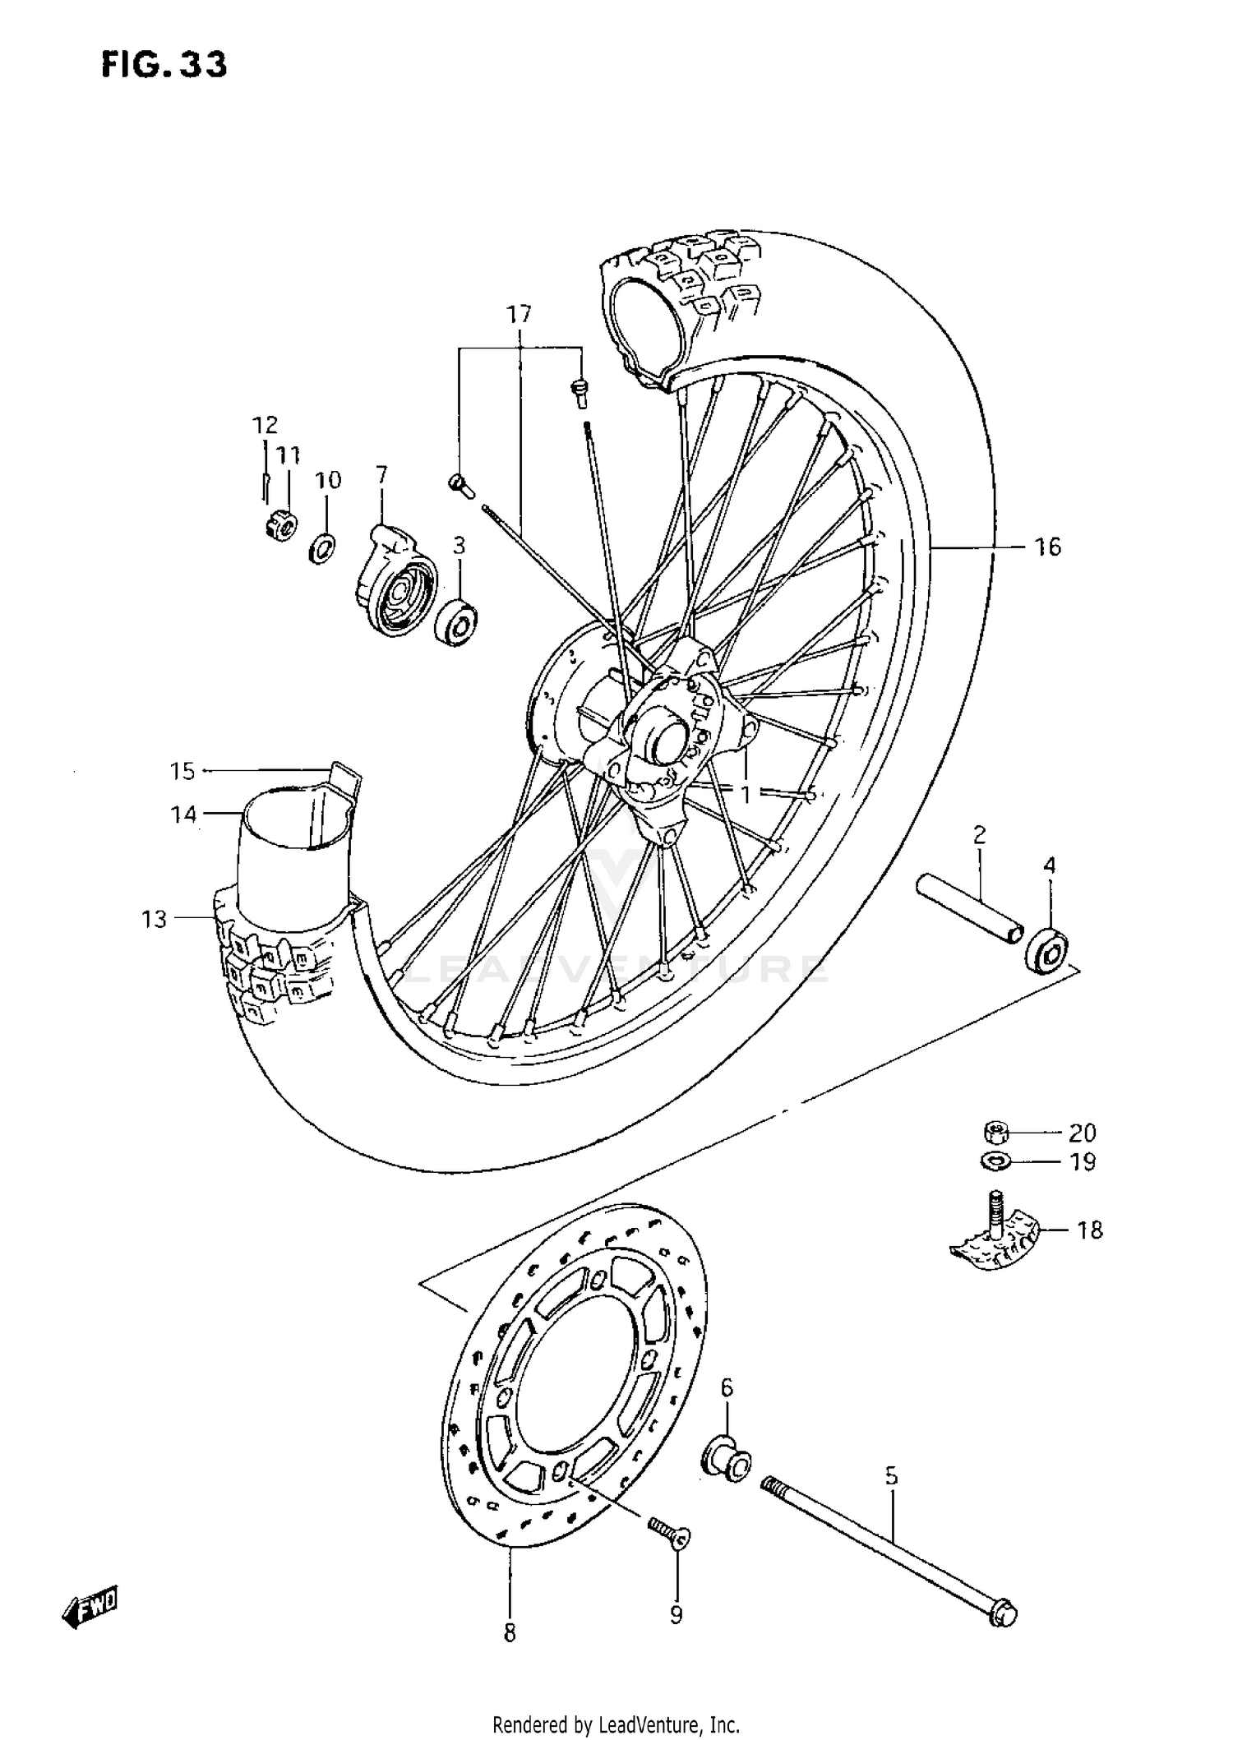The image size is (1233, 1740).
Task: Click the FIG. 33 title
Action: [164, 65]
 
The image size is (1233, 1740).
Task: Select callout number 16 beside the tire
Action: [1047, 547]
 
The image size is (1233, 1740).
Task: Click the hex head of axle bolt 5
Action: [1002, 1613]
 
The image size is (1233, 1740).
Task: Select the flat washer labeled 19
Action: [995, 1162]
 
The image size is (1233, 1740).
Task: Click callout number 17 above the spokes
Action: [519, 314]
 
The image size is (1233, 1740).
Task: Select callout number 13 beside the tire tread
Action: [154, 919]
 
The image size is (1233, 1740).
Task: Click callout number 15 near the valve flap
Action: [182, 771]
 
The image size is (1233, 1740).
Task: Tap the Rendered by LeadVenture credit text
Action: [616, 1724]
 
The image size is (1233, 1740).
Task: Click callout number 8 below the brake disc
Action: [510, 1655]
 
